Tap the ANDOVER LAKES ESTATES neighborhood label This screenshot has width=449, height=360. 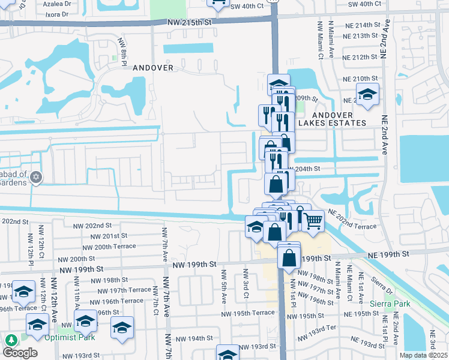point(339,118)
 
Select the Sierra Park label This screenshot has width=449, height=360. point(390,304)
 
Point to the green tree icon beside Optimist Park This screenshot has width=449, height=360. point(11,340)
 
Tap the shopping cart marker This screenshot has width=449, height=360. point(313,221)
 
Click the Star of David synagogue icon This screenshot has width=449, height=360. point(36,176)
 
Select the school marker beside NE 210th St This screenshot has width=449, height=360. point(367,94)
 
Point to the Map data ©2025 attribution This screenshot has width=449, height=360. point(423,355)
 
